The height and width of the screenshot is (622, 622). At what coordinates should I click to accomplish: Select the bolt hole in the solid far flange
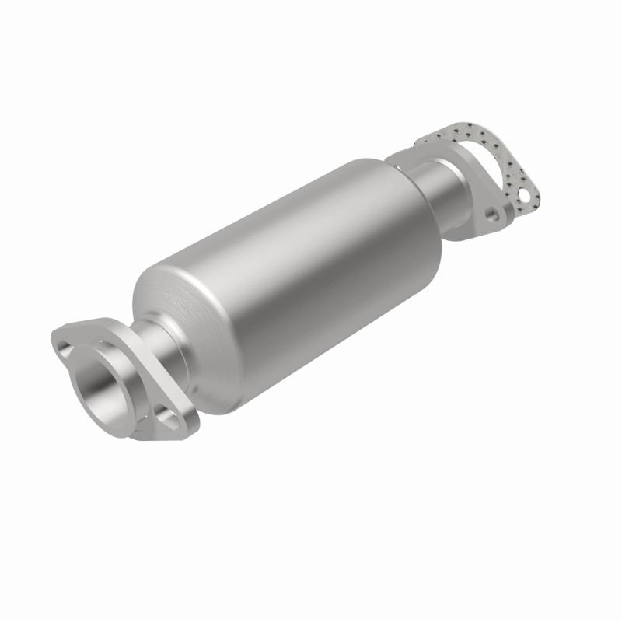point(491,211)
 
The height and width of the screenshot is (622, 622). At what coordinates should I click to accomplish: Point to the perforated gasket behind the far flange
point(513,167)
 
